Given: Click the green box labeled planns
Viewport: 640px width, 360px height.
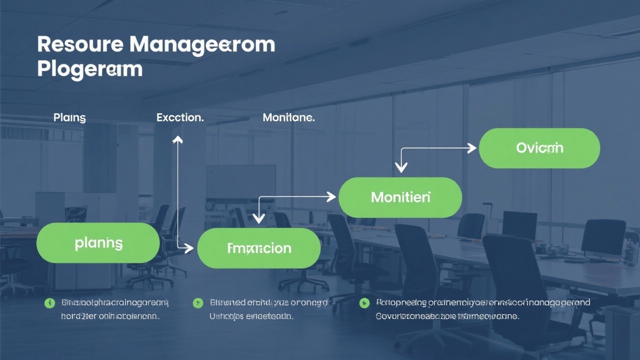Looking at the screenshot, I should point(98,243).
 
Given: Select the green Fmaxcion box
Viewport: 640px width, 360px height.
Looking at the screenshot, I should point(259,248).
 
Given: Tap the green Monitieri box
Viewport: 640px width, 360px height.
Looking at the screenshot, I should point(400,197).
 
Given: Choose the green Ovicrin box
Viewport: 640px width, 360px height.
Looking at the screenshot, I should point(539,148).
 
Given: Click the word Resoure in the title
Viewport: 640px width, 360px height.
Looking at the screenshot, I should point(80,45).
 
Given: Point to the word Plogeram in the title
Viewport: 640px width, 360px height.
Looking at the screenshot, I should point(90,69).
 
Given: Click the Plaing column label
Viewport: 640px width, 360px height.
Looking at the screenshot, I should point(69,118).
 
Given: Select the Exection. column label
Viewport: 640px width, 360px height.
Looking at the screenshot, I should point(180,118).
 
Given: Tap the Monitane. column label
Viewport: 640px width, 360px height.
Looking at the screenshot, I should point(288,118).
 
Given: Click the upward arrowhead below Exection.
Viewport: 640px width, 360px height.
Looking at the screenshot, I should point(177,139).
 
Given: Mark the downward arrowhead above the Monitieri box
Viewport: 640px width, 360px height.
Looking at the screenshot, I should point(400,167).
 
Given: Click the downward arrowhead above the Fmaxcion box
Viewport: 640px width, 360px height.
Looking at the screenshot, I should point(258,218).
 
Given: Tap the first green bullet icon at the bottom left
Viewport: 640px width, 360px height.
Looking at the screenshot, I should point(49,303).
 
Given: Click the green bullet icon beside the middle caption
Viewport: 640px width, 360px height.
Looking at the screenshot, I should point(198,303).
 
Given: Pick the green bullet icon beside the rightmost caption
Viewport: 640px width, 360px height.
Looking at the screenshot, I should point(364,303).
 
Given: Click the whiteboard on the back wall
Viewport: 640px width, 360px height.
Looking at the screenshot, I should point(241,182).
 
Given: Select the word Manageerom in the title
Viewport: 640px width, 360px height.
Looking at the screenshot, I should point(202,45).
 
